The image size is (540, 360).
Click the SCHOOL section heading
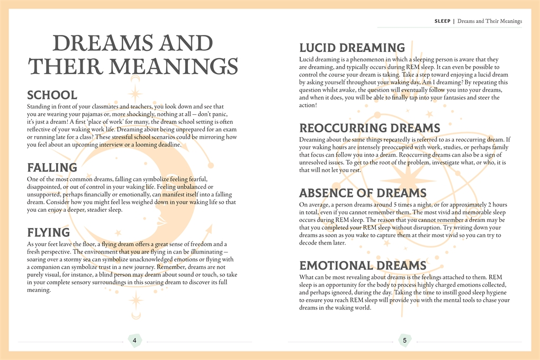[52, 95]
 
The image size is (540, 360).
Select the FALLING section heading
[52, 168]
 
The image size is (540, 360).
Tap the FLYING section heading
[48, 232]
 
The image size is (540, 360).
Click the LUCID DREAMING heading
[352, 48]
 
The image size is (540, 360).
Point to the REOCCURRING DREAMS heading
[370, 128]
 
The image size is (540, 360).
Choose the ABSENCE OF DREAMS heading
[363, 193]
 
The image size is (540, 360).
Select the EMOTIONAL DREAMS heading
[363, 265]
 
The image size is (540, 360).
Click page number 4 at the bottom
[134, 340]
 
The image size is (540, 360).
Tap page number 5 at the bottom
[404, 340]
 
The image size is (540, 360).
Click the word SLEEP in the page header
[442, 21]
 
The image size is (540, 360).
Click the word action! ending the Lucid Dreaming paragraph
[308, 105]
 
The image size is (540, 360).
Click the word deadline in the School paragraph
[168, 145]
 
